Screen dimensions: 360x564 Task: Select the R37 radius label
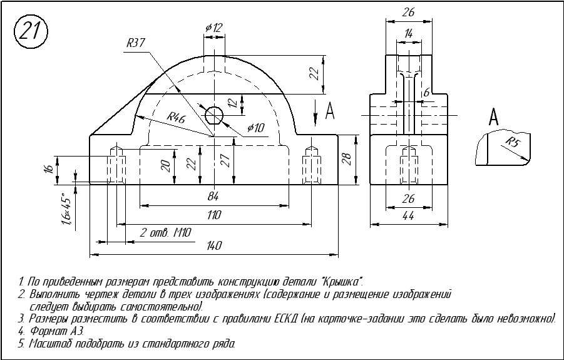135,44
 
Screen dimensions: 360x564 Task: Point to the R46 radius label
176,117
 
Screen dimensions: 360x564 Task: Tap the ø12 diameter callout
213,28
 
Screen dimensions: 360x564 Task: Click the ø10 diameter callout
256,128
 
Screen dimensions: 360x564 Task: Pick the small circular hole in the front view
214,115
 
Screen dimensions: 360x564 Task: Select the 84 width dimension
213,197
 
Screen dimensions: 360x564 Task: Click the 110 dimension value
213,215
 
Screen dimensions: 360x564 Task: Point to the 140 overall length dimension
213,246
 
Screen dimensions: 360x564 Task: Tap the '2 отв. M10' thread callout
165,232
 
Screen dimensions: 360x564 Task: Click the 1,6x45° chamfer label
66,212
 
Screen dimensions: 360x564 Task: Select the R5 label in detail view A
513,141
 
